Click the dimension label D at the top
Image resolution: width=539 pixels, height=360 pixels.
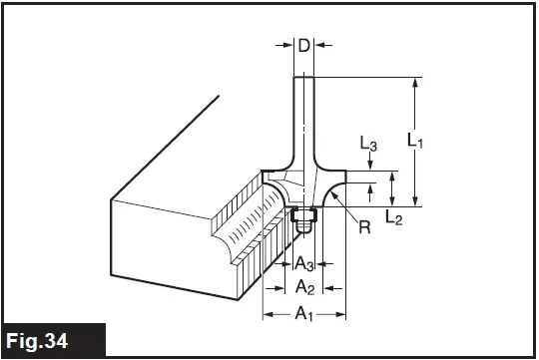[x=303, y=44]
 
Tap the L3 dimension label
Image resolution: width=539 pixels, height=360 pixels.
[x=368, y=146]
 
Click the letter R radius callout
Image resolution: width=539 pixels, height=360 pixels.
[x=364, y=226]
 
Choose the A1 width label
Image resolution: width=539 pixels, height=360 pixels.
[x=303, y=316]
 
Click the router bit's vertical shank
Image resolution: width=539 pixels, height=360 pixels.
[x=303, y=120]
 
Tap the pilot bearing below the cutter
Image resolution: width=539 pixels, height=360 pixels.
[x=303, y=214]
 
